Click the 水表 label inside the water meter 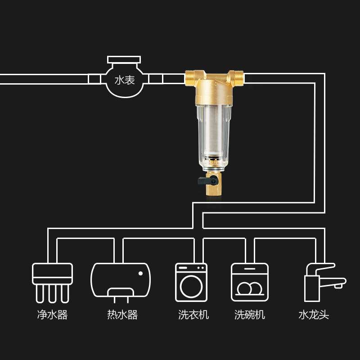(125, 81)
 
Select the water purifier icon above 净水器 (52, 281)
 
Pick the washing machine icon (191, 282)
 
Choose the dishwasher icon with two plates (249, 282)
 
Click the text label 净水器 (52, 315)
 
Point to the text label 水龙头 (314, 315)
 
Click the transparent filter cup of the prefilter (215, 130)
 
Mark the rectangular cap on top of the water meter (124, 59)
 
